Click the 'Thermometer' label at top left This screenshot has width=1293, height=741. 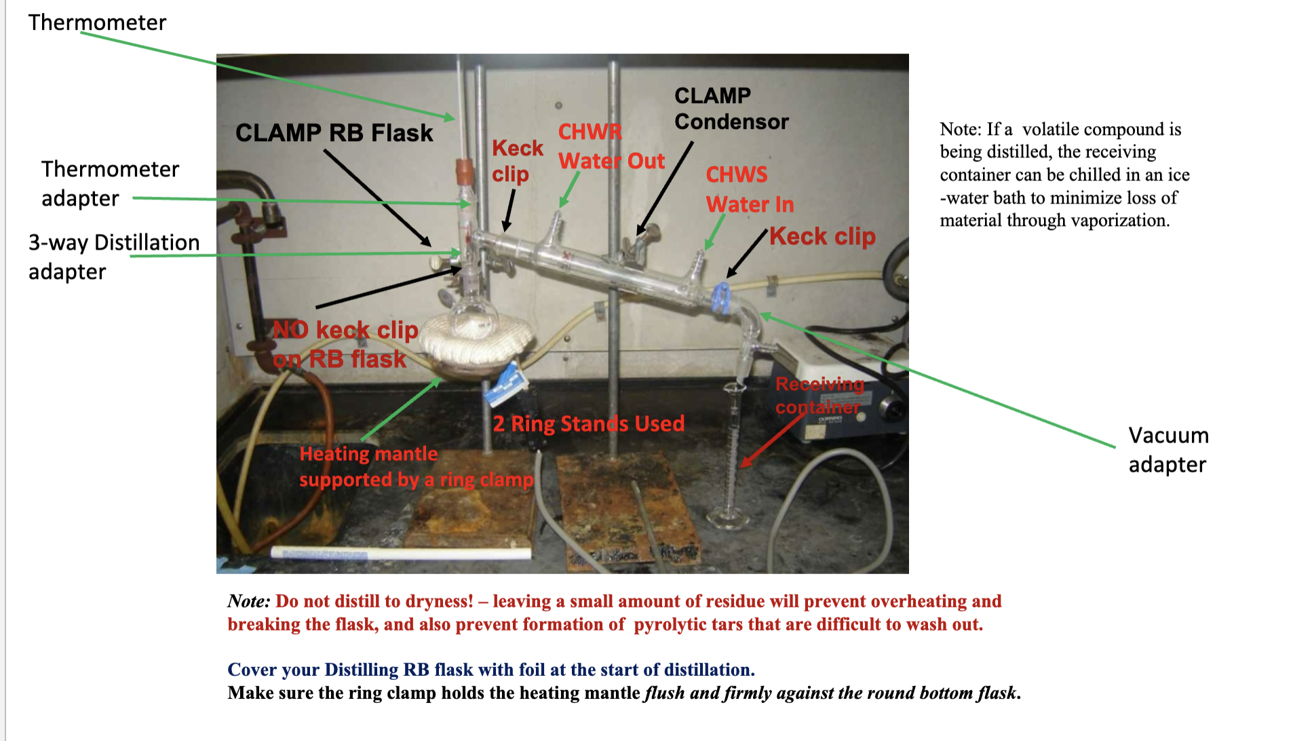[97, 22]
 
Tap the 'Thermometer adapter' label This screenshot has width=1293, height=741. [110, 183]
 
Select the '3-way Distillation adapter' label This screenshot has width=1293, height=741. [114, 256]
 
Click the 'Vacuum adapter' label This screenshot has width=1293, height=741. [1168, 449]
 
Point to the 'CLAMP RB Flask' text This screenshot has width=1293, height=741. [334, 133]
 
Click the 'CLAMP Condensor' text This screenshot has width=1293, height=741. [731, 109]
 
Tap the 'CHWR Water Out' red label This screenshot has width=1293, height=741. [611, 147]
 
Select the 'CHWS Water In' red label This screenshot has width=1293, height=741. [749, 189]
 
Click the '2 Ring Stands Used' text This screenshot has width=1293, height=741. [588, 424]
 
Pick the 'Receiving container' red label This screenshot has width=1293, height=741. [819, 395]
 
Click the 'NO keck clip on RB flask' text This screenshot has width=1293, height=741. [345, 344]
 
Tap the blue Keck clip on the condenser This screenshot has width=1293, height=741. [721, 299]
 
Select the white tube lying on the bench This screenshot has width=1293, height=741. [400, 553]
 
